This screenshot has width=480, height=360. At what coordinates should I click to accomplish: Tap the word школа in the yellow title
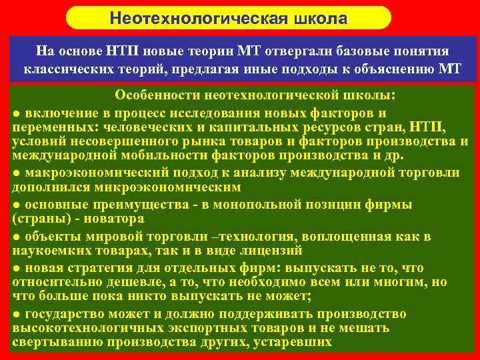[x=318, y=18]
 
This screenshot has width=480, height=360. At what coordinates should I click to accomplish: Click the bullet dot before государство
[x=17, y=314]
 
